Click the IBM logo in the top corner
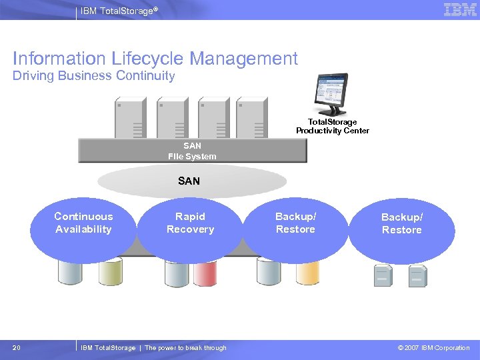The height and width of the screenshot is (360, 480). pos(460,10)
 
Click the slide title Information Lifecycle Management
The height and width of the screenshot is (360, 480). pos(155,59)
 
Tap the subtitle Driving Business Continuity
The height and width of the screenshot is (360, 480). pos(93,76)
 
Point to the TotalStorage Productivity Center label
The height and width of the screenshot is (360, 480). pos(332,127)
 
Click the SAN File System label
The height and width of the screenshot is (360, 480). pos(192,151)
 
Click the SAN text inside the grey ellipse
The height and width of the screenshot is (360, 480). pos(189,181)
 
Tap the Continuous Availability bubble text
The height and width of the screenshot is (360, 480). pos(83,223)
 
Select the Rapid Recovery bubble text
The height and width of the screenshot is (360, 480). pos(190,223)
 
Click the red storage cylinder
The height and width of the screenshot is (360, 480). pos(205,273)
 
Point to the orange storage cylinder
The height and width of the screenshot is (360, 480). pos(307,273)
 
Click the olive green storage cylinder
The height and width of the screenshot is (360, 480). pos(111,273)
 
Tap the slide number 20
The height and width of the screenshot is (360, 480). pos(17,347)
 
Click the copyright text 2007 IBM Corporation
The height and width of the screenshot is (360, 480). pos(433,347)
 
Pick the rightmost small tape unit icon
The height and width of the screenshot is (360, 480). pos(417,276)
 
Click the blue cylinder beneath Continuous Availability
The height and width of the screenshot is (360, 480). pos(71,273)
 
